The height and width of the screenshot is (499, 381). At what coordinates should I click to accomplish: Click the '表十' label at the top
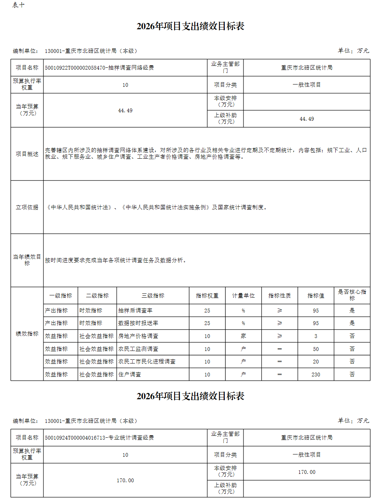click(x=18, y=5)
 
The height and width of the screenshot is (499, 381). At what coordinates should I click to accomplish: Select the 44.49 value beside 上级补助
click(x=307, y=119)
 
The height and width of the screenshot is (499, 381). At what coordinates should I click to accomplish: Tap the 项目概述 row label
click(x=27, y=154)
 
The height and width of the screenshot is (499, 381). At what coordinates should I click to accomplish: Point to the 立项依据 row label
click(x=27, y=207)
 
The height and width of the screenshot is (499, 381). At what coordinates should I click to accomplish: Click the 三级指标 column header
click(x=153, y=296)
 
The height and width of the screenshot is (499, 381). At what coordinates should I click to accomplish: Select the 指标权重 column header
click(x=207, y=296)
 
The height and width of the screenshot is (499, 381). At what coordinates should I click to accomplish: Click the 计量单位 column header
click(x=243, y=296)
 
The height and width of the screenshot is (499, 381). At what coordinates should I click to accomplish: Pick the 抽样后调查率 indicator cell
click(x=135, y=311)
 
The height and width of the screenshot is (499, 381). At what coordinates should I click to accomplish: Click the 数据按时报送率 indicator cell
click(x=138, y=323)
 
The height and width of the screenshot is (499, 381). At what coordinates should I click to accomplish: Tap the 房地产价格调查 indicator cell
click(x=138, y=336)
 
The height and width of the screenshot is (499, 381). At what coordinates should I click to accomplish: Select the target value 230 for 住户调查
click(x=315, y=375)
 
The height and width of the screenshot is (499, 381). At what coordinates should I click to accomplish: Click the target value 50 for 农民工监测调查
click(x=315, y=349)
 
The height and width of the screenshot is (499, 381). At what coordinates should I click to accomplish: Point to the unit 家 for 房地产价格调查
click(x=243, y=336)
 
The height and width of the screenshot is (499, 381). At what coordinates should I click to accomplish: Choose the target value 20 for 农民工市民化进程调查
click(x=315, y=362)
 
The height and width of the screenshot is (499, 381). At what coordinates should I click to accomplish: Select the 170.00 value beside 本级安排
click(x=307, y=472)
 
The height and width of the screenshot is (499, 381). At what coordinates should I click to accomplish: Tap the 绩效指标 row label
click(x=27, y=334)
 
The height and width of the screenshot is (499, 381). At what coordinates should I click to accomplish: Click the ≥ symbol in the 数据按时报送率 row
click(x=279, y=323)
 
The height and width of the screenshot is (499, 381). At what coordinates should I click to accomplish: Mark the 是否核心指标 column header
click(x=352, y=295)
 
